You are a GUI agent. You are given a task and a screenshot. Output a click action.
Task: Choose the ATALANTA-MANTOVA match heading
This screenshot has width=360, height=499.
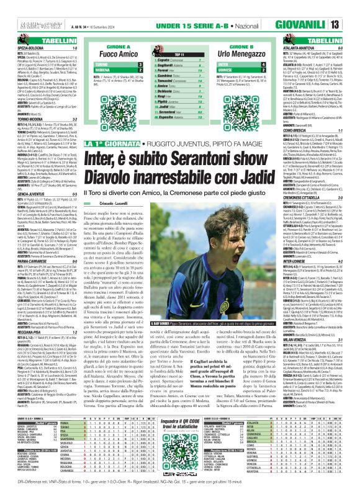[x=313, y=48]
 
